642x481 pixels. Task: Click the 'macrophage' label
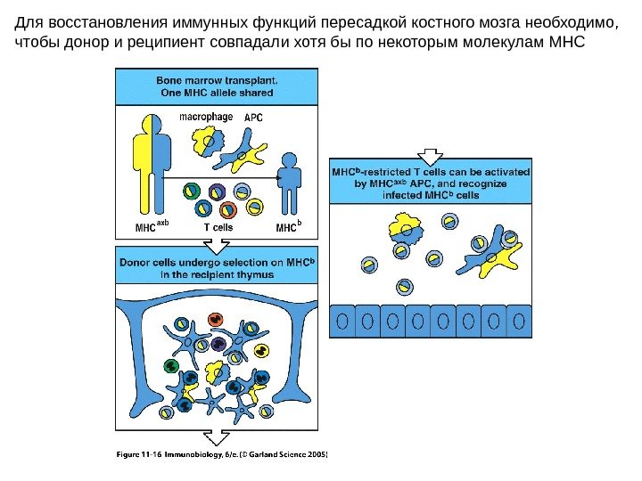[206, 116]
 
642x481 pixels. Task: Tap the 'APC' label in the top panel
[253, 117]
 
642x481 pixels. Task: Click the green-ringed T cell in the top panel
[191, 192]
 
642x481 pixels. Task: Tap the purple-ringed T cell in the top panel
[217, 192]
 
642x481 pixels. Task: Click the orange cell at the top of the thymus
[214, 319]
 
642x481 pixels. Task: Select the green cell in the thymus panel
[169, 365]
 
